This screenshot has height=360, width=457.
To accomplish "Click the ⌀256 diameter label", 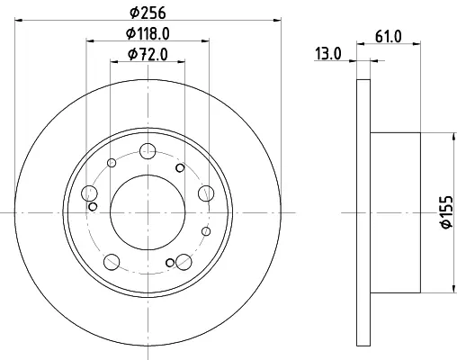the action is (148, 13).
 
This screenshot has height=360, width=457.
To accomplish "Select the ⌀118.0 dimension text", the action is (148, 33).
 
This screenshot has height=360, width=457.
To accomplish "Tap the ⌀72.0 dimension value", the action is (148, 54).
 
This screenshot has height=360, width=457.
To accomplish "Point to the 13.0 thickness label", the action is (327, 54).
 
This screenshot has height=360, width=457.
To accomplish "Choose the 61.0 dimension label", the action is (388, 37).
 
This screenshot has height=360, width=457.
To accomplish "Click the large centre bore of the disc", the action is (148, 212).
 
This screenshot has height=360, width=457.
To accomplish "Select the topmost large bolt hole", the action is (148, 151).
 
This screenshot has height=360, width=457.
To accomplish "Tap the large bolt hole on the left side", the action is (89, 193).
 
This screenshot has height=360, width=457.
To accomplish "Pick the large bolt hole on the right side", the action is (206, 193).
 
